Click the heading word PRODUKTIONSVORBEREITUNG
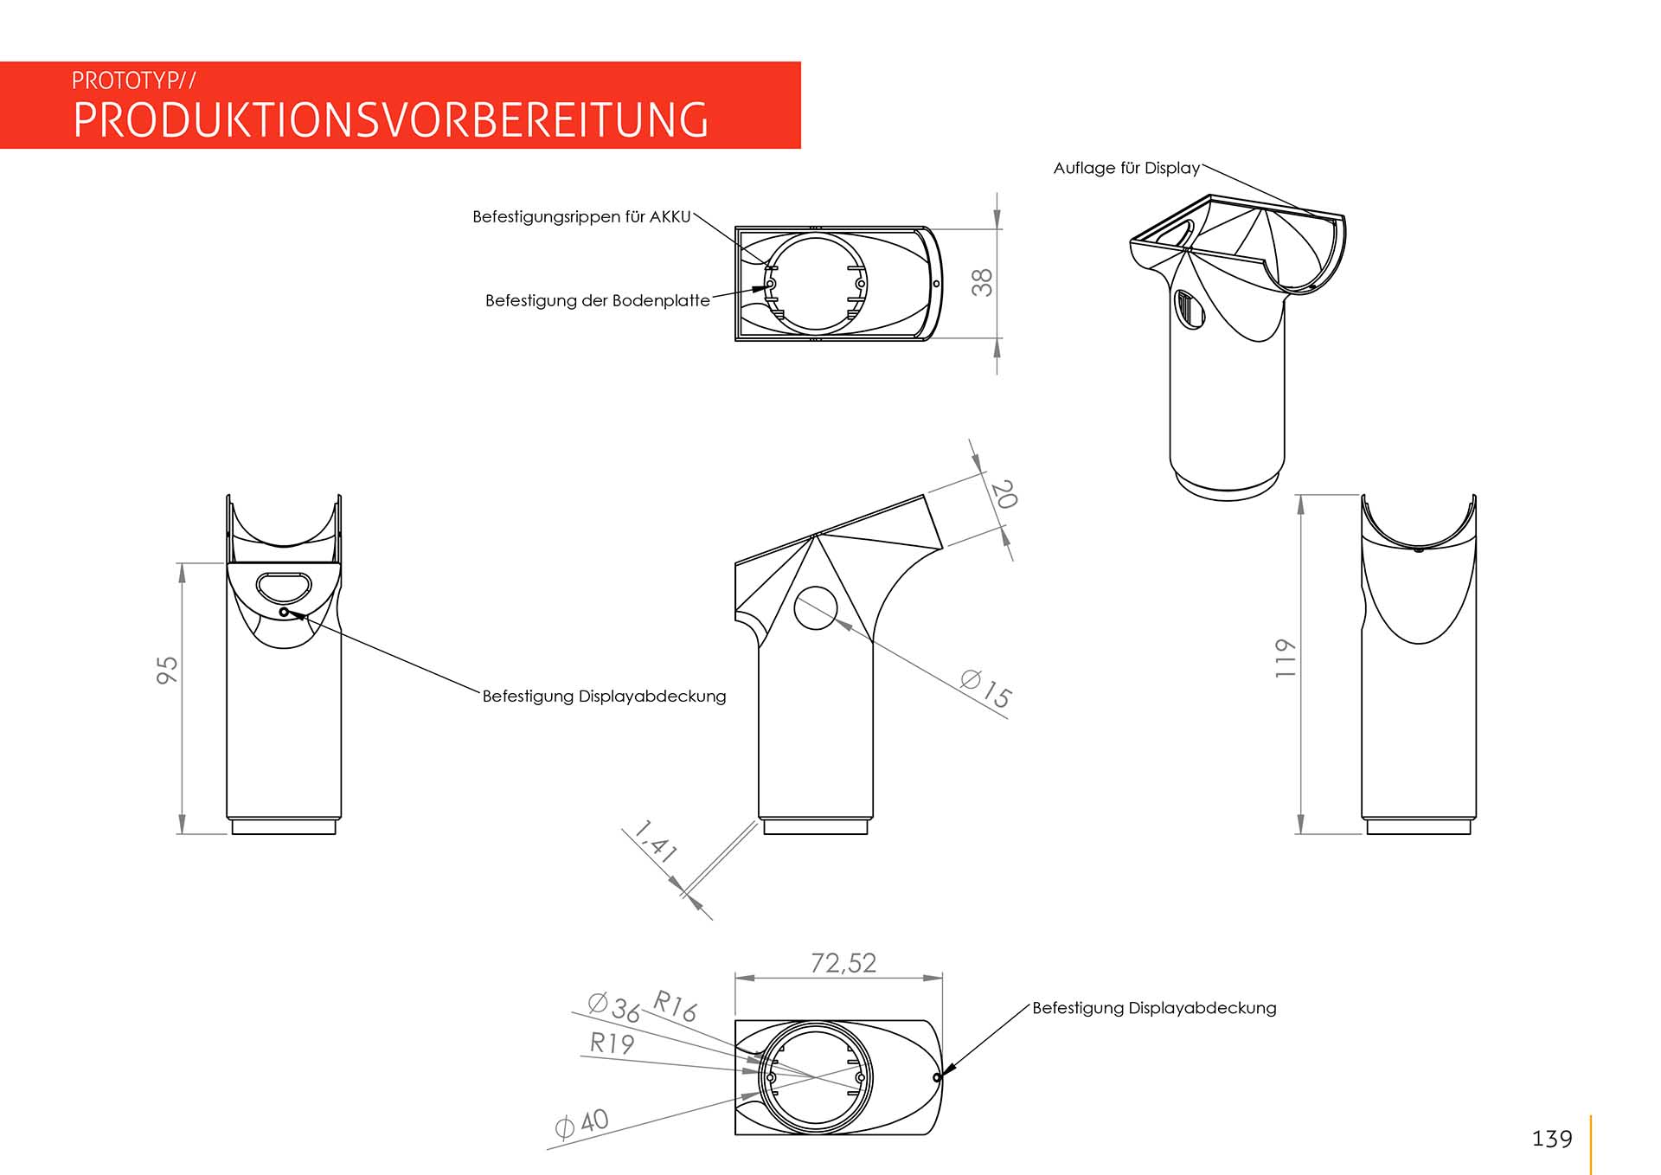coord(391,119)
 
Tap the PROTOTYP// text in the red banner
coord(134,80)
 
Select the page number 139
coord(1552,1139)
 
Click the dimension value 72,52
coord(843,963)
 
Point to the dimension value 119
coord(1286,658)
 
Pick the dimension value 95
coord(167,670)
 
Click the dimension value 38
coord(982,283)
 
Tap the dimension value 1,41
coord(655,842)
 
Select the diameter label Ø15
coord(986,689)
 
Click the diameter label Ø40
coord(581,1123)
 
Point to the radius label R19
coord(612,1043)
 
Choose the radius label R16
coord(675,1006)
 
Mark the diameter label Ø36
coord(614,1008)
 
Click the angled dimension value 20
coord(1004,494)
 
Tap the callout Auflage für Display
coord(1126,168)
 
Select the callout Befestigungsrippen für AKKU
coord(581,216)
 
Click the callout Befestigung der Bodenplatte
coord(598,300)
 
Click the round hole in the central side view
coord(816,607)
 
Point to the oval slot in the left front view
coord(284,587)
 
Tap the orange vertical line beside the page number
coord(1591,1145)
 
